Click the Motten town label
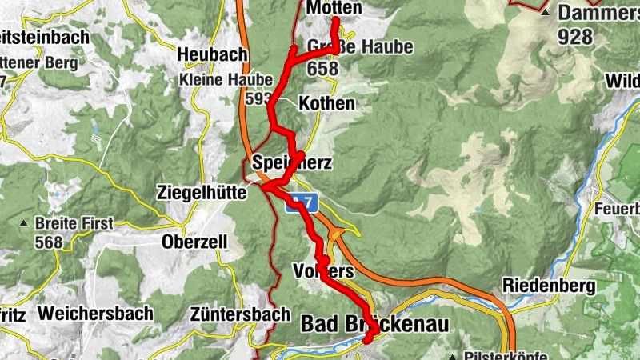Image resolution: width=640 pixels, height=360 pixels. coord(334,7)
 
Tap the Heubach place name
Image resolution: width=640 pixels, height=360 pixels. coord(212,54)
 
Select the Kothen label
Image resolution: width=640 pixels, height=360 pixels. coord(326,104)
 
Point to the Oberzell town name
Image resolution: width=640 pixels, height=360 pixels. coord(194,242)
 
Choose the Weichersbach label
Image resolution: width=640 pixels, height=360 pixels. coord(94,314)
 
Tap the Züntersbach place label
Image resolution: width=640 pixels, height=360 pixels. coord(240,314)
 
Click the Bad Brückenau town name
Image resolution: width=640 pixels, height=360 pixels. coord(375,323)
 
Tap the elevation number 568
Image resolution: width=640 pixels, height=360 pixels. coord(48,242)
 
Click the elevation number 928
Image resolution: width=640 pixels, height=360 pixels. coord(575,36)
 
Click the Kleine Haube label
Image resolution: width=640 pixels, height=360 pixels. coord(226,81)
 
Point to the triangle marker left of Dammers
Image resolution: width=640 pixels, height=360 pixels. coord(545,14)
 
